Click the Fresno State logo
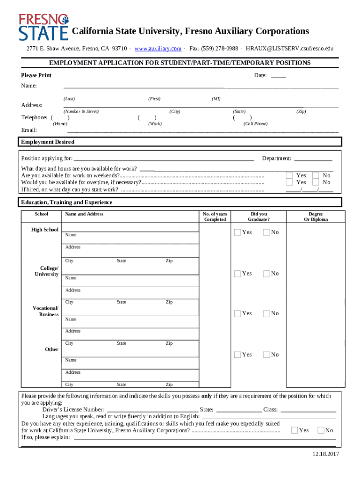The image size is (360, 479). click(x=43, y=27)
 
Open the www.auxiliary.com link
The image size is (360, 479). click(x=158, y=49)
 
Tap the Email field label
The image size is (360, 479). click(x=29, y=130)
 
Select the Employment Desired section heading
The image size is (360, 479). click(x=47, y=142)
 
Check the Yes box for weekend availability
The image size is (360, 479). click(x=289, y=175)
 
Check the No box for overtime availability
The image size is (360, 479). click(x=316, y=182)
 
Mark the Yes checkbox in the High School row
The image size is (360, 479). click(x=238, y=232)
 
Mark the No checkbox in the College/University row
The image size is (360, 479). click(x=266, y=273)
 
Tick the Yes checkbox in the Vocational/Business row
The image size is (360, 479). click(x=238, y=313)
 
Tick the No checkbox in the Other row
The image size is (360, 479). click(x=266, y=355)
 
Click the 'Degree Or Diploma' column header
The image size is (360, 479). click(x=316, y=217)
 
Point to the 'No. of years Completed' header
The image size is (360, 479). click(x=215, y=217)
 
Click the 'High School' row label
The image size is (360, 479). click(x=45, y=230)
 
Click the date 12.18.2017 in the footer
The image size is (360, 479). click(x=326, y=454)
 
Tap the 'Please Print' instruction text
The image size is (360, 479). click(x=36, y=75)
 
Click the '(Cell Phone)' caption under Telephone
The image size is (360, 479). click(x=255, y=124)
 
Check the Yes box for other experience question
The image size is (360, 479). click(x=294, y=430)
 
